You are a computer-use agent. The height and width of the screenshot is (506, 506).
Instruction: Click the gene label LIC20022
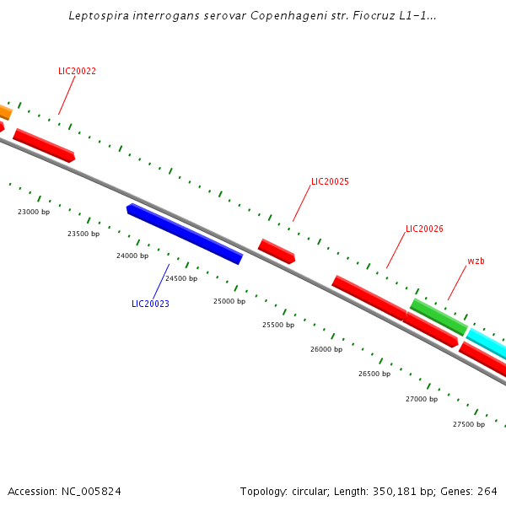point(77,71)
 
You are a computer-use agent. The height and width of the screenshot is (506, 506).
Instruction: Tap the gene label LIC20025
point(330,181)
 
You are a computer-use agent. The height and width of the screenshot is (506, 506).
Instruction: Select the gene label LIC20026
point(424,229)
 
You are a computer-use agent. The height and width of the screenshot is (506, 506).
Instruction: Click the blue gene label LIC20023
point(150,304)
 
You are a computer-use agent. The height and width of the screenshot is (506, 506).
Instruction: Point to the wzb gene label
point(476,261)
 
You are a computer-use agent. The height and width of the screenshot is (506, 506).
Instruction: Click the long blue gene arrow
point(185,234)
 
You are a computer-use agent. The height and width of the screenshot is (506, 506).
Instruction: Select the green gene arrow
point(439,316)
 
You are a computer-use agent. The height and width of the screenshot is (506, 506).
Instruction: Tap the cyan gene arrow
point(487,343)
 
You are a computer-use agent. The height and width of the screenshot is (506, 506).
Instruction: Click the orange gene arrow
point(4,111)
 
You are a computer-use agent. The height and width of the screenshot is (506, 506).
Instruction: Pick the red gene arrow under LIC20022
point(44,145)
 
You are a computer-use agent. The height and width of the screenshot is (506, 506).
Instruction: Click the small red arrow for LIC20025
point(277,251)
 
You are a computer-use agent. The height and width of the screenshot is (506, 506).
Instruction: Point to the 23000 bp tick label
point(34,212)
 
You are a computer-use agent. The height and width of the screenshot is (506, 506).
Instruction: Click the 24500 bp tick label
point(181,278)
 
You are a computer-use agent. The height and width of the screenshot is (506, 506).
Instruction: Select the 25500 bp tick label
point(278,325)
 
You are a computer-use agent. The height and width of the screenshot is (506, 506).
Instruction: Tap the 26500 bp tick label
point(374,374)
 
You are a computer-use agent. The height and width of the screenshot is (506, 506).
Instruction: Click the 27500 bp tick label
point(469,424)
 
